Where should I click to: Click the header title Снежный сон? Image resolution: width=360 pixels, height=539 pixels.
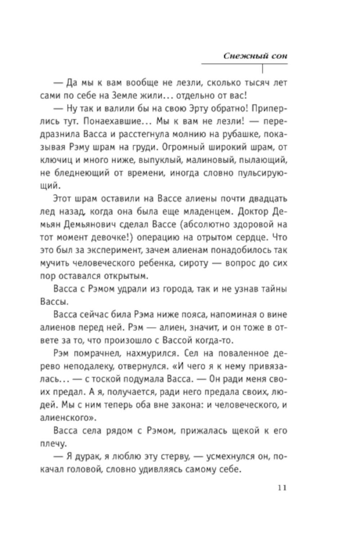pyautogui.click(x=255, y=56)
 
